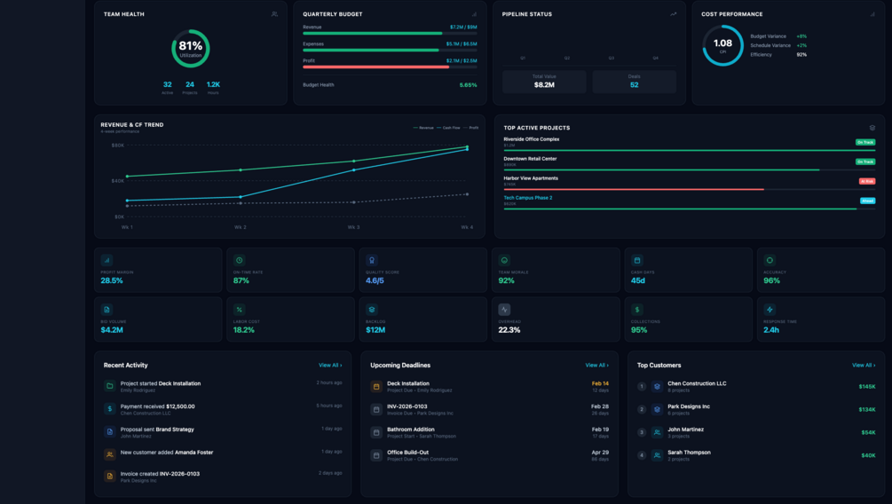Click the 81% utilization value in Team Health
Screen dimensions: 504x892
pyautogui.click(x=191, y=46)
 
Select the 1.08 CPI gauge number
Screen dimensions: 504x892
pyautogui.click(x=722, y=43)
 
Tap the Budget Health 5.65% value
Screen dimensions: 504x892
pyautogui.click(x=468, y=85)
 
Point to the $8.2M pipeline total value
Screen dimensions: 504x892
pyautogui.click(x=544, y=85)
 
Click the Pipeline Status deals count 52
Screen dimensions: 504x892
pyautogui.click(x=634, y=85)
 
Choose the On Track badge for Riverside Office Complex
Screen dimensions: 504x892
pyautogui.click(x=864, y=142)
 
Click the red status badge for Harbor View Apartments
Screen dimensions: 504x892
pyautogui.click(x=866, y=181)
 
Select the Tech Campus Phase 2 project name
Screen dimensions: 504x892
pyautogui.click(x=528, y=198)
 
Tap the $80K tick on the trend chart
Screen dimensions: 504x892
pyautogui.click(x=117, y=146)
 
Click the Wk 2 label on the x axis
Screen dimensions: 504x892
pyautogui.click(x=241, y=227)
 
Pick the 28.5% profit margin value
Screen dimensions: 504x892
pyautogui.click(x=112, y=280)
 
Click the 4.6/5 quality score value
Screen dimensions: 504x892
pyautogui.click(x=375, y=280)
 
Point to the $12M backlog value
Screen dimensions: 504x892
pyautogui.click(x=375, y=330)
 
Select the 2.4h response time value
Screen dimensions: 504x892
pyautogui.click(x=771, y=330)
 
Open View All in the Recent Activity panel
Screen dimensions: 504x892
pyautogui.click(x=329, y=366)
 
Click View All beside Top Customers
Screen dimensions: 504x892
pyautogui.click(x=863, y=366)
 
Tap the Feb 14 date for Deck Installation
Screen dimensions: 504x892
pyautogui.click(x=600, y=383)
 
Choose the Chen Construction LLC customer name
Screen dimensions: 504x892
pyautogui.click(x=697, y=383)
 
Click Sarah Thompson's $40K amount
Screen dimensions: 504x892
pyautogui.click(x=867, y=455)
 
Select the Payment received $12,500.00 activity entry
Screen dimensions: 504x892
pyautogui.click(x=157, y=406)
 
